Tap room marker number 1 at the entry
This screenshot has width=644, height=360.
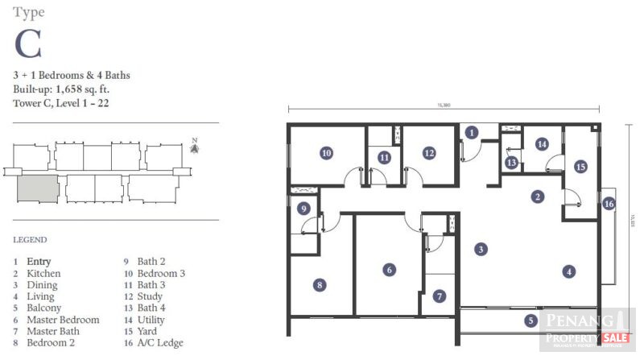pos(472,132)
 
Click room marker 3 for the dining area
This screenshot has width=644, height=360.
pos(480,250)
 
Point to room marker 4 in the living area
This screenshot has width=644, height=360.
pos(568,272)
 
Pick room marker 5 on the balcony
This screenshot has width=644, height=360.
pos(531,321)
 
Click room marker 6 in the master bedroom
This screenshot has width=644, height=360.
pos(389,270)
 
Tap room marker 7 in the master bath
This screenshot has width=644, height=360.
pos(439,296)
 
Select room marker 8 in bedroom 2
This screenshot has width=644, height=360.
pos(320,285)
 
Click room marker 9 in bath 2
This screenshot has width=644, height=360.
pos(303,209)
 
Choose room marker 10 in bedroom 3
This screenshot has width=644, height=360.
pos(326,151)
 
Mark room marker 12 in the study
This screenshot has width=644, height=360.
pos(429,151)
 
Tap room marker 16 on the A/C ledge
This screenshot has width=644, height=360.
pos(609,204)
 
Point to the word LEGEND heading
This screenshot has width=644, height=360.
pos(30,240)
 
